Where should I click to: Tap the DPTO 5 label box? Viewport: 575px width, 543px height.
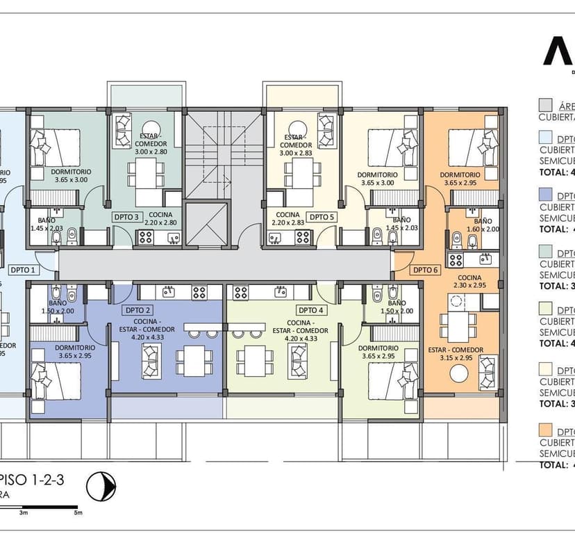click(x=322, y=217)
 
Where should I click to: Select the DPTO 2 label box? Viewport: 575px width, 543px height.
click(x=138, y=310)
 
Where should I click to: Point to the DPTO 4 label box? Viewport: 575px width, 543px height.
click(x=310, y=310)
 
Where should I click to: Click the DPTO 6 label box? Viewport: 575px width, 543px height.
click(x=425, y=269)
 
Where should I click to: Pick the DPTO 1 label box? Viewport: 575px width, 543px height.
click(x=22, y=269)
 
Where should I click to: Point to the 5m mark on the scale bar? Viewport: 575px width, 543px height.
click(x=78, y=513)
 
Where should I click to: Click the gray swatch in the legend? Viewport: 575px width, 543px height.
click(x=546, y=106)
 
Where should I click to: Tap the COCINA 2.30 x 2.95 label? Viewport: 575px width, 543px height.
click(x=469, y=281)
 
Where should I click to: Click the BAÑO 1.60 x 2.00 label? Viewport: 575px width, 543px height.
click(x=483, y=225)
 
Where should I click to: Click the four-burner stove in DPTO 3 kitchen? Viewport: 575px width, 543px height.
click(x=147, y=237)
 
